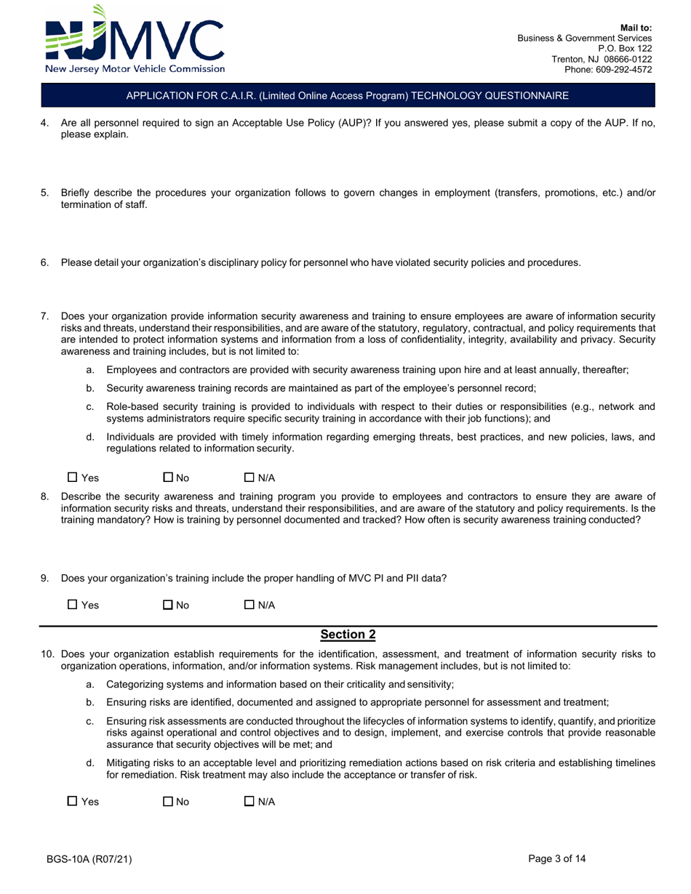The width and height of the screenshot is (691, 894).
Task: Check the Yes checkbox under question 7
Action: pos(72,478)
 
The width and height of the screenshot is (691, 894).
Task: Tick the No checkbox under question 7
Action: pos(168,478)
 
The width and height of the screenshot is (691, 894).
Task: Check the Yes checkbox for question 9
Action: pos(72,605)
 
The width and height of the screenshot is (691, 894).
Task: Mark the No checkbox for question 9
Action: pos(168,605)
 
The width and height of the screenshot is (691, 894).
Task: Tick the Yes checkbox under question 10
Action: pos(72,802)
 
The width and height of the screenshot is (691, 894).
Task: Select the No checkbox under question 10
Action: pos(168,802)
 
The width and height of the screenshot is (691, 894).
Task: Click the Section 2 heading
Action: pos(348,635)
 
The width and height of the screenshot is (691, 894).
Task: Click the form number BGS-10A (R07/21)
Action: pos(89,859)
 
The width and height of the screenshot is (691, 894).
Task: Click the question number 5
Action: pos(44,193)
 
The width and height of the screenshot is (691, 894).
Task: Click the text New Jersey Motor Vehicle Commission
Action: pos(135,69)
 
